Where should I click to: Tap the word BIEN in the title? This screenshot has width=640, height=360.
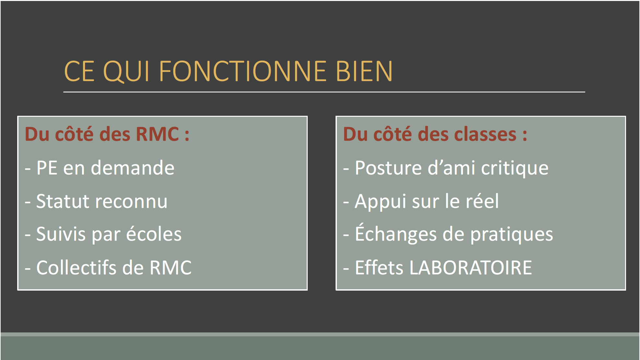pos(364,71)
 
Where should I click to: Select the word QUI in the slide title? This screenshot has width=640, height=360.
pos(127,71)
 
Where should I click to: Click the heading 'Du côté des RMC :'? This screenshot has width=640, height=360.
pos(107,134)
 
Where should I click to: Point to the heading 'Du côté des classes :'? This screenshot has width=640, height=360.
pos(435,134)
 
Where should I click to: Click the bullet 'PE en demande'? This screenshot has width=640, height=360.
pos(100,168)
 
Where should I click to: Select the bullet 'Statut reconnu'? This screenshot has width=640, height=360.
pos(96,201)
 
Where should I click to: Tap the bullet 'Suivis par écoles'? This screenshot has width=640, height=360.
pos(103,234)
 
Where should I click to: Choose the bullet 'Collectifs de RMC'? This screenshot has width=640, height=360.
pos(108,268)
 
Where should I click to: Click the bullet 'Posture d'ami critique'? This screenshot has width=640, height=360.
pos(446,168)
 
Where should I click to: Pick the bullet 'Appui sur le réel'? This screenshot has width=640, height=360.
pos(421,202)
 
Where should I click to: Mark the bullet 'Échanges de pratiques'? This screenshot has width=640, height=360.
pos(448,234)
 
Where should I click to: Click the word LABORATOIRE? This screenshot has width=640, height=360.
pos(471,268)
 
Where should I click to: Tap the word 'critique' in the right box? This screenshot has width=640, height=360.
pos(515,168)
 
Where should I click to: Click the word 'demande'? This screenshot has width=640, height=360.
pos(133,168)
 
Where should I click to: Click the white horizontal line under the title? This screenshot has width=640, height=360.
pos(324,92)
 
